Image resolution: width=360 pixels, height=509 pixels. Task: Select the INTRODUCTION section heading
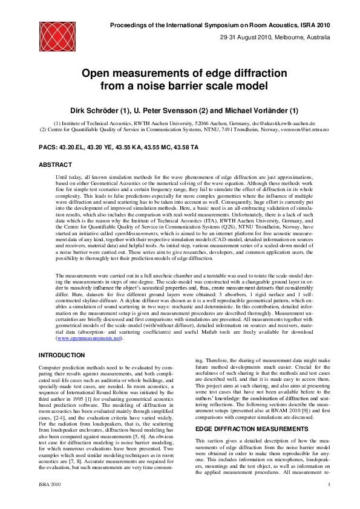62,355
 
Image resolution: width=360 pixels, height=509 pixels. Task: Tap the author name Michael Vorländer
251,111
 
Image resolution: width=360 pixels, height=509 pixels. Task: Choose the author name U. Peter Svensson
169,111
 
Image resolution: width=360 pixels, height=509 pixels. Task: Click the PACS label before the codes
50,147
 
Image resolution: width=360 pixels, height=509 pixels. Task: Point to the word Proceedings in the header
130,25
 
